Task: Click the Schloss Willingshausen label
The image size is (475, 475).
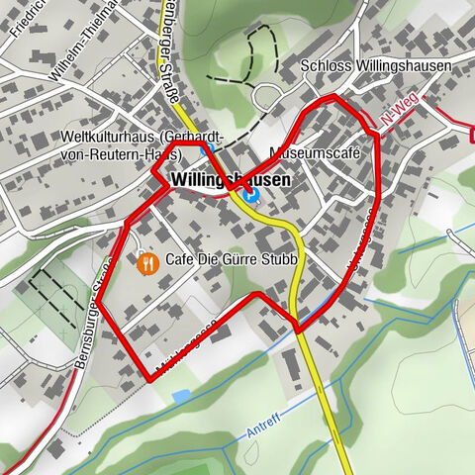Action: pos(375,66)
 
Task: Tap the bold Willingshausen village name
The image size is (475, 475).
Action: pos(231,181)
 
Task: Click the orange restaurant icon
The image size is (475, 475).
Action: pos(147,262)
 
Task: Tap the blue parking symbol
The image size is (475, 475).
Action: pos(251,194)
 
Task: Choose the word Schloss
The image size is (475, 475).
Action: pos(323,66)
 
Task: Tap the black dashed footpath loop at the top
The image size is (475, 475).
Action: pos(251,54)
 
